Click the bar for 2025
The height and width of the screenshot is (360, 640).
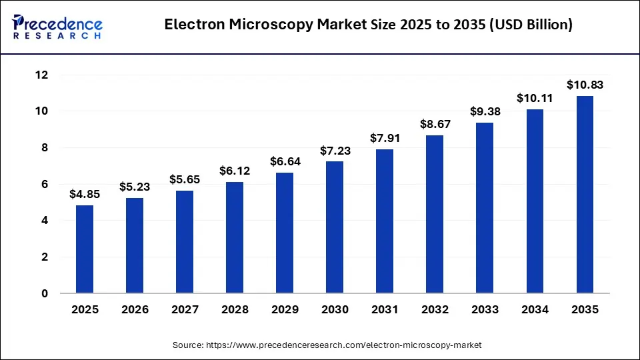(85, 249)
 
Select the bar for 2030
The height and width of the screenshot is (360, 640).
(335, 227)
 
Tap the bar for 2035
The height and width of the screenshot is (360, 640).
(585, 194)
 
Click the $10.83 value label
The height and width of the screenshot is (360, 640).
(585, 85)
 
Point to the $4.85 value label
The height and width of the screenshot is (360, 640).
(85, 194)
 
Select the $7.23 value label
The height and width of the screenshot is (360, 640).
(335, 150)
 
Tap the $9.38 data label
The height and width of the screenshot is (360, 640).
(485, 111)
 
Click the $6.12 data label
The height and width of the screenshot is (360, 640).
(235, 171)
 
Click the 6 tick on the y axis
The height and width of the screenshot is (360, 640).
(44, 184)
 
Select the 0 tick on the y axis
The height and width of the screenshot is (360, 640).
(44, 293)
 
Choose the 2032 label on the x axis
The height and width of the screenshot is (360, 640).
(435, 310)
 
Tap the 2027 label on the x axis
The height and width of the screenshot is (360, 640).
(185, 310)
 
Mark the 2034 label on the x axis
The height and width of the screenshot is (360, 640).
(535, 310)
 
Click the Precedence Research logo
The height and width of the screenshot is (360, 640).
(57, 26)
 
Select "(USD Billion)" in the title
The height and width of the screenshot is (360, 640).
(529, 26)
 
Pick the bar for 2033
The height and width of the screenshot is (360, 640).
(485, 207)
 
